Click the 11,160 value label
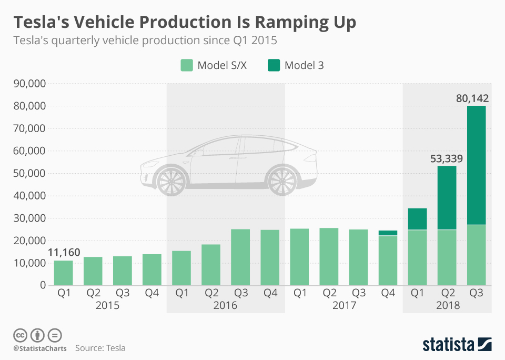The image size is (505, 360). (64, 253)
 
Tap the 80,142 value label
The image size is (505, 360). (473, 98)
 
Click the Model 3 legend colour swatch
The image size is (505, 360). (275, 65)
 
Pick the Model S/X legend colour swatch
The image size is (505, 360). (187, 65)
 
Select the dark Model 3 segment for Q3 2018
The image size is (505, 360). (476, 165)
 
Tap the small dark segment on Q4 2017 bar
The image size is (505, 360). (388, 233)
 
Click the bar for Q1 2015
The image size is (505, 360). (64, 273)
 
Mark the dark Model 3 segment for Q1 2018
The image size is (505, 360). (417, 219)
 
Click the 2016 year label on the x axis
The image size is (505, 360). (226, 306)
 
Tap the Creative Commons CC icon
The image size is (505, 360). (21, 335)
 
